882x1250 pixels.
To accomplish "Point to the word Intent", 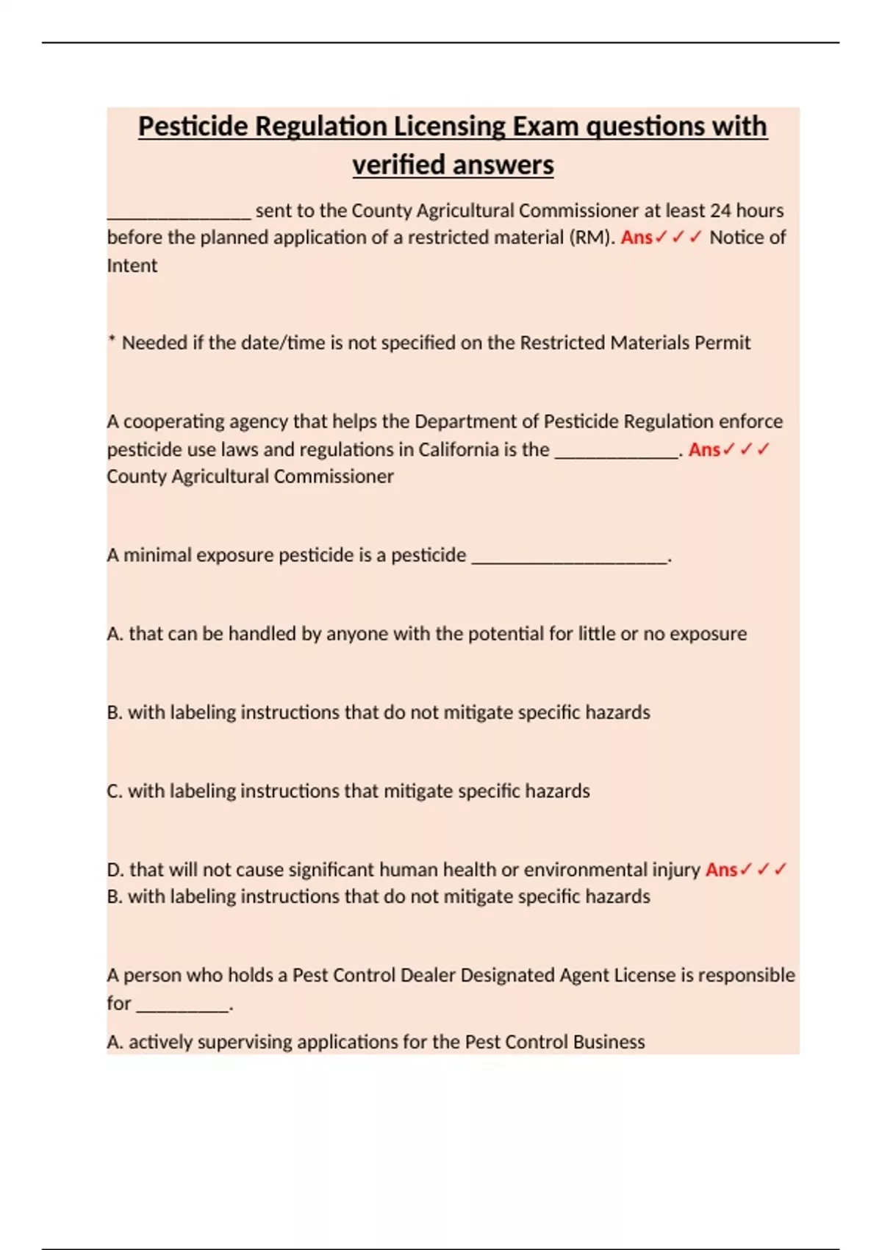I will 132,265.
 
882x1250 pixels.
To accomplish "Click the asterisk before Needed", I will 112,340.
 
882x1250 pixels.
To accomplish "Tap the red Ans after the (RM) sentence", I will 637,238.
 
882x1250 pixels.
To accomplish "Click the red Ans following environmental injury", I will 721,870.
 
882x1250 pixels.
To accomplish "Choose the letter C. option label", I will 115,791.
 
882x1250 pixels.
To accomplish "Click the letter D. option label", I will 115,870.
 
